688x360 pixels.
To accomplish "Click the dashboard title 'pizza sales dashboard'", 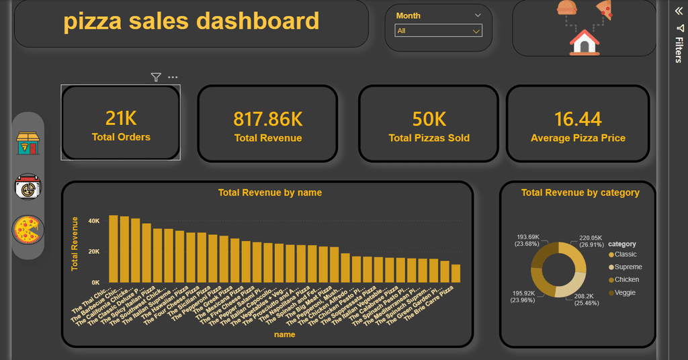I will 191,21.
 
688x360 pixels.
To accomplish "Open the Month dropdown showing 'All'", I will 438,31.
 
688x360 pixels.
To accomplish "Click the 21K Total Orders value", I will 121,119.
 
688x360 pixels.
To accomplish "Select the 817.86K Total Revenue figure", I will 267,120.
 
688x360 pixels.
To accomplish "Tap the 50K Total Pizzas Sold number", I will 429,120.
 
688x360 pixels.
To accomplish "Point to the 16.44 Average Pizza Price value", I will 578,120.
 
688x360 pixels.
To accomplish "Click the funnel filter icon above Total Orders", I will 156,77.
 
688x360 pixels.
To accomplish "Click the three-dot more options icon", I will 173,77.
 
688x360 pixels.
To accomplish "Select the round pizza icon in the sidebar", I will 28,230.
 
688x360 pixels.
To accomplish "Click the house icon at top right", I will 584,44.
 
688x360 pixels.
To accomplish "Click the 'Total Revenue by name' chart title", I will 269,193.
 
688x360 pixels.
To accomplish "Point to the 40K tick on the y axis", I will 93,220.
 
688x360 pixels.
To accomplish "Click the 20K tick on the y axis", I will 93,251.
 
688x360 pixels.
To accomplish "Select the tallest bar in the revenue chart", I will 114,249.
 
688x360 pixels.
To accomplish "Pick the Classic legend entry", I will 625,255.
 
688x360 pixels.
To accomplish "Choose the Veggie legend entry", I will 624,293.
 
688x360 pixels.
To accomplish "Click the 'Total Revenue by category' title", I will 580,193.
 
